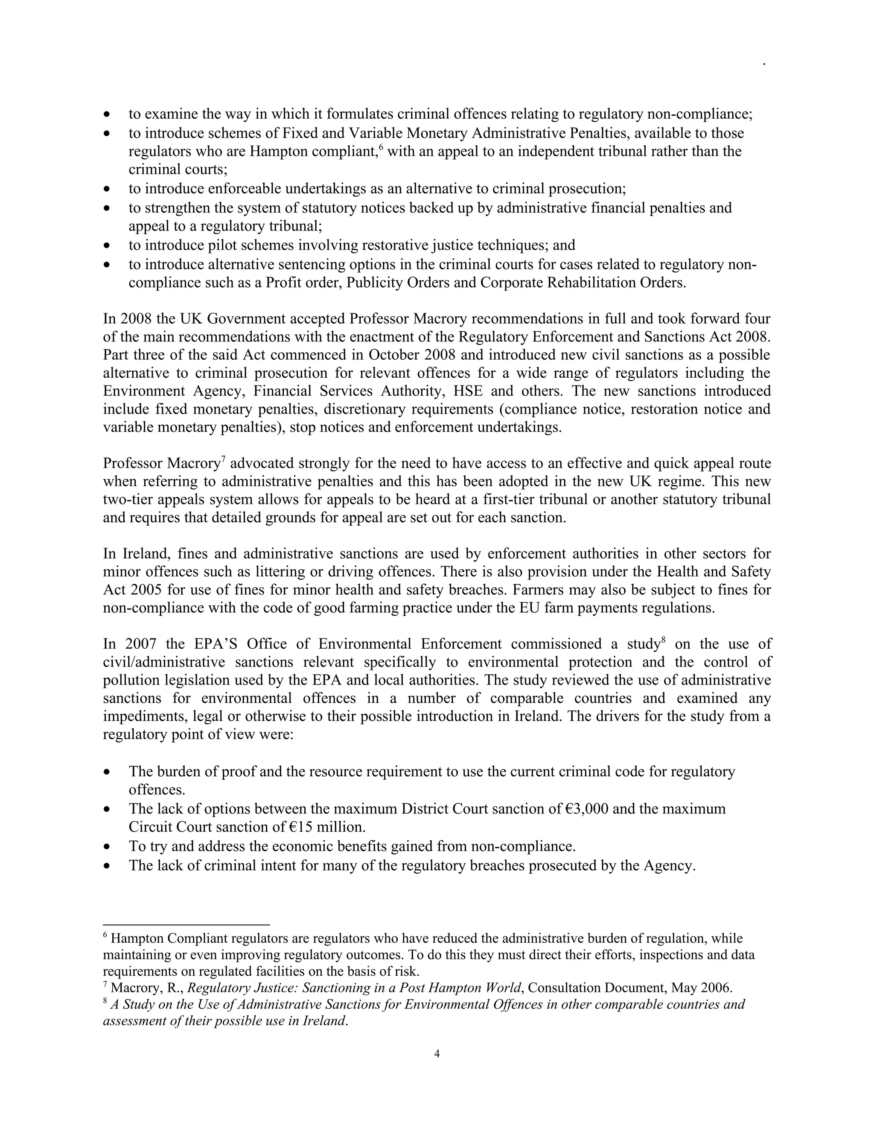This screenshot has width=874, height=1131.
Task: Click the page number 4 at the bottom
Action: click(x=437, y=1053)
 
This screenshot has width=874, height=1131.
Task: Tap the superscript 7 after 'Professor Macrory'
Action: click(x=224, y=458)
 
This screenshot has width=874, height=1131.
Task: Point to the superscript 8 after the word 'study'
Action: click(x=663, y=640)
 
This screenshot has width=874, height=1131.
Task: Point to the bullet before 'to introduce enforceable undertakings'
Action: click(x=107, y=189)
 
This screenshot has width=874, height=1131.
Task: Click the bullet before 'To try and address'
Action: click(x=107, y=847)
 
